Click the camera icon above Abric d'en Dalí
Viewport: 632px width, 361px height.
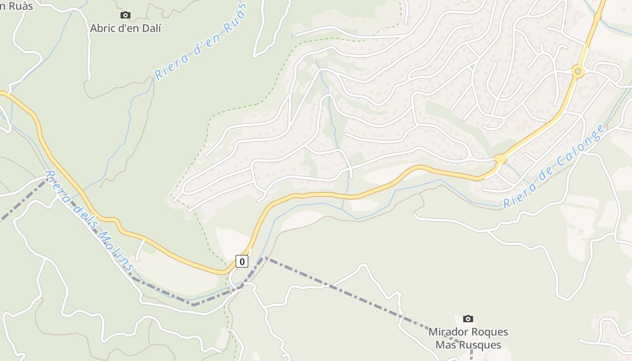125,15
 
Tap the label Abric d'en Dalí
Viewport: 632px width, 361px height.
125,28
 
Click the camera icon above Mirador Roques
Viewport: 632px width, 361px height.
468,319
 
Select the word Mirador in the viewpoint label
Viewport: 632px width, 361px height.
449,332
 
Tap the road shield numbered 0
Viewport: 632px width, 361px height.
242,261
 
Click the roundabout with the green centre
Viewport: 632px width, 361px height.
577,71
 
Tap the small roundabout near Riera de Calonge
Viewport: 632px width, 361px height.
500,159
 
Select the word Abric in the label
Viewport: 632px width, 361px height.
102,28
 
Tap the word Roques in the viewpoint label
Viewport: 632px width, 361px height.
489,332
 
